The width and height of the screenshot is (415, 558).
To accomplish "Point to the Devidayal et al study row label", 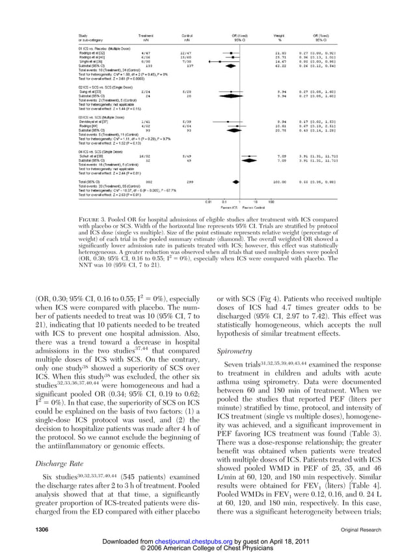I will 94,121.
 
